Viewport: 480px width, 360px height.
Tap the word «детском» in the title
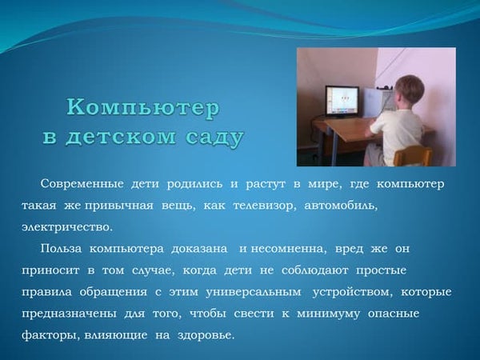pyautogui.click(x=121, y=137)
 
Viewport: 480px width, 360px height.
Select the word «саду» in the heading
pyautogui.click(x=214, y=138)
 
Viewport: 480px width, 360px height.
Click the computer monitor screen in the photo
pyautogui.click(x=342, y=100)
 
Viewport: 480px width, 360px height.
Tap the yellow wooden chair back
pyautogui.click(x=413, y=156)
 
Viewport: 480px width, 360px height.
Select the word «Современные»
pyautogui.click(x=82, y=184)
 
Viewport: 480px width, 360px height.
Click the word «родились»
pyautogui.click(x=194, y=184)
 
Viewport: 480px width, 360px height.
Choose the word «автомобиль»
pyautogui.click(x=341, y=206)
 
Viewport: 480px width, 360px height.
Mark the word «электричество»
pyautogui.click(x=66, y=227)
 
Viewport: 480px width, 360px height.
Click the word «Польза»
pyautogui.click(x=62, y=248)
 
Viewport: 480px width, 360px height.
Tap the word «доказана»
pyautogui.click(x=199, y=249)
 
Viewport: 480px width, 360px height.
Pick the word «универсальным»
pyautogui.click(x=254, y=293)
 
